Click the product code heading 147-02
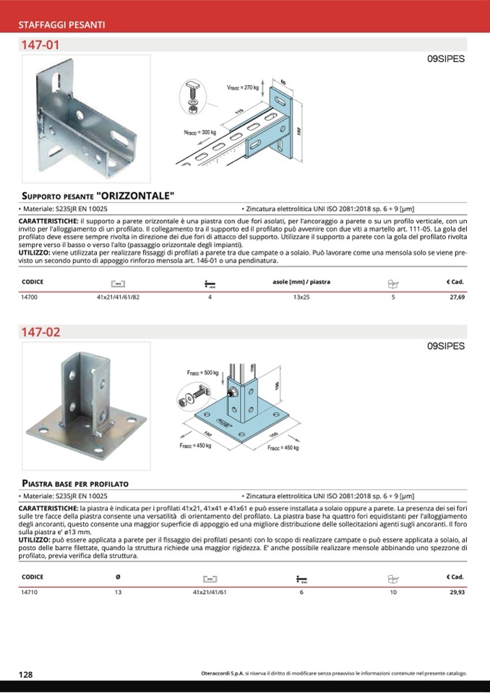pos(40,333)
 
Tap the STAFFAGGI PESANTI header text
pos(62,25)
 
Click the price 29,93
pos(456,592)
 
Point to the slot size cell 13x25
pos(301,297)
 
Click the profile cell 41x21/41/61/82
pos(119,297)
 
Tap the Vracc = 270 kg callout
pos(242,87)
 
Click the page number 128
pos(25,674)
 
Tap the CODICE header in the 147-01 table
pos(33,282)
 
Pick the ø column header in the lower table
pos(118,577)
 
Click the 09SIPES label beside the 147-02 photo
pos(445,346)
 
